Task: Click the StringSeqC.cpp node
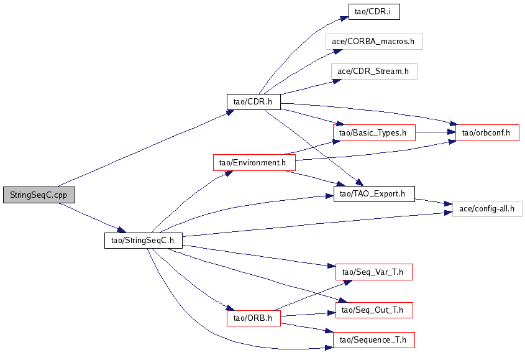(x=39, y=195)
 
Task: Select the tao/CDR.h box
(x=253, y=101)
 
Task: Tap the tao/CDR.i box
(x=374, y=12)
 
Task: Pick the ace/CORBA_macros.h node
(x=374, y=42)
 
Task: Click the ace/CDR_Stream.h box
(x=374, y=72)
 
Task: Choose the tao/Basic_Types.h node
(x=374, y=132)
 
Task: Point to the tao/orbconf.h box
(x=487, y=132)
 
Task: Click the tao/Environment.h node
(x=254, y=162)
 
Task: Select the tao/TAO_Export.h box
(x=374, y=194)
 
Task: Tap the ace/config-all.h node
(x=487, y=208)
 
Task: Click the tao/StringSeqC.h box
(x=144, y=241)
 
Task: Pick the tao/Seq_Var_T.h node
(x=374, y=272)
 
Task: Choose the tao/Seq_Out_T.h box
(x=374, y=310)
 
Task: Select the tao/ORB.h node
(x=253, y=318)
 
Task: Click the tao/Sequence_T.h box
(x=374, y=340)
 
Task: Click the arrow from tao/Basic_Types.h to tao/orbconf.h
(x=436, y=132)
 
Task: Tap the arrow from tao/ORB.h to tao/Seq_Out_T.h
(x=308, y=315)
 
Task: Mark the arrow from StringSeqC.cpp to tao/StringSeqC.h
(x=92, y=218)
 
